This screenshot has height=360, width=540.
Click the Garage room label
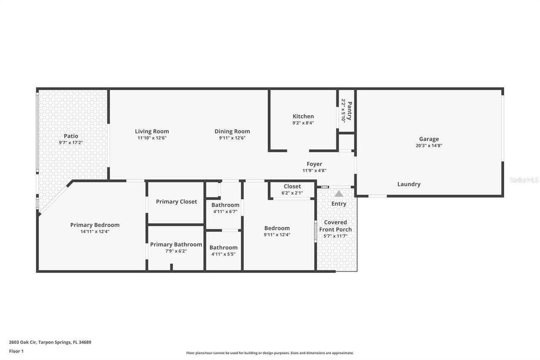429,139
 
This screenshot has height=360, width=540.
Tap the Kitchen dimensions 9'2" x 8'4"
303,123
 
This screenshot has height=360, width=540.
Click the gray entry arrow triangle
339,194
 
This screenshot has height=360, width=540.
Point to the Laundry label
408,184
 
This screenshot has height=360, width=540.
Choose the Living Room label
152,131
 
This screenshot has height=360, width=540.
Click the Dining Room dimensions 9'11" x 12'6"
232,138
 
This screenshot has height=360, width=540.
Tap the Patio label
71,136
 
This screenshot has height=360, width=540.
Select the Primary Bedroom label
94,225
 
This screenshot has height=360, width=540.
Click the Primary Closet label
176,202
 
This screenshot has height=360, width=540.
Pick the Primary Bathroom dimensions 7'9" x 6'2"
176,251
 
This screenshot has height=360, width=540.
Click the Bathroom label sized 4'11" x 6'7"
225,205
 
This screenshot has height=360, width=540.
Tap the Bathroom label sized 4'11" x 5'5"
223,248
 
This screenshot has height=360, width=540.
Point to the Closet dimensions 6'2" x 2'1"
292,193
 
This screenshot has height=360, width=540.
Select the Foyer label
314,164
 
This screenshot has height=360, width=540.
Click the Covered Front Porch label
335,226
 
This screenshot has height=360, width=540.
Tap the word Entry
339,204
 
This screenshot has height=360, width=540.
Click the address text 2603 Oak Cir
23,342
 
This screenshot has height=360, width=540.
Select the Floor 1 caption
16,351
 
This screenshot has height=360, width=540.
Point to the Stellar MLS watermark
524,180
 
